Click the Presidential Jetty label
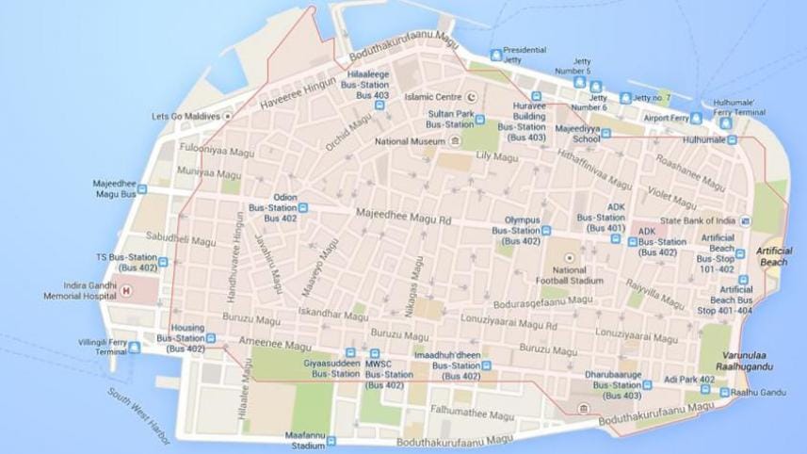525,55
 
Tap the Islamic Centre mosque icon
473,96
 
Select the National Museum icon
456,141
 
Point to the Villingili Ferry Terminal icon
134,346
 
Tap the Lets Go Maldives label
186,117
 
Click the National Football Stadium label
569,274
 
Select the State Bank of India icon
745,221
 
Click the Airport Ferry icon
696,119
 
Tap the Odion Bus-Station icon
303,207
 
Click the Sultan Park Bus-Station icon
479,119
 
